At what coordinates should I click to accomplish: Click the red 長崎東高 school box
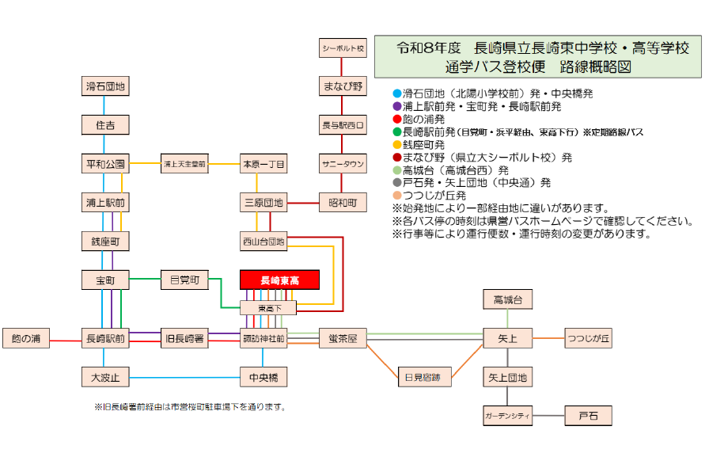tap(279, 280)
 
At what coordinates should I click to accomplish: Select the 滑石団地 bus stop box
tap(105, 86)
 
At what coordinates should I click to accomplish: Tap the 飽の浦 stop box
tap(26, 338)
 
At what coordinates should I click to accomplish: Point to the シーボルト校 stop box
tap(343, 48)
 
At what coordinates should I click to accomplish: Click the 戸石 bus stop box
tap(588, 415)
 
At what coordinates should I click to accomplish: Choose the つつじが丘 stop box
tap(588, 338)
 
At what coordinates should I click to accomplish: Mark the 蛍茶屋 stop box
tap(343, 338)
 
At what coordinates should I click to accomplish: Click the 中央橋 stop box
tap(263, 377)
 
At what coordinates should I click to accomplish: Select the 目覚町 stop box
tap(184, 280)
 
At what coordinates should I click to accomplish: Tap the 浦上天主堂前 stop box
tap(184, 165)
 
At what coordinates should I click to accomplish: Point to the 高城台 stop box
tap(507, 299)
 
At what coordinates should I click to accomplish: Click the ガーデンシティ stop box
tap(507, 415)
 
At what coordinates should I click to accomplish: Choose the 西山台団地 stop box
tap(263, 241)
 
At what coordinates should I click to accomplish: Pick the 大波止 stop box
tap(105, 377)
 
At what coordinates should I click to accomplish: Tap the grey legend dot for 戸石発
tap(397, 182)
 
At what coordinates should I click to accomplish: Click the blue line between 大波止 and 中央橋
tap(184, 377)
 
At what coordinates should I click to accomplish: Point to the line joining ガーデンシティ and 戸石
tap(548, 415)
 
